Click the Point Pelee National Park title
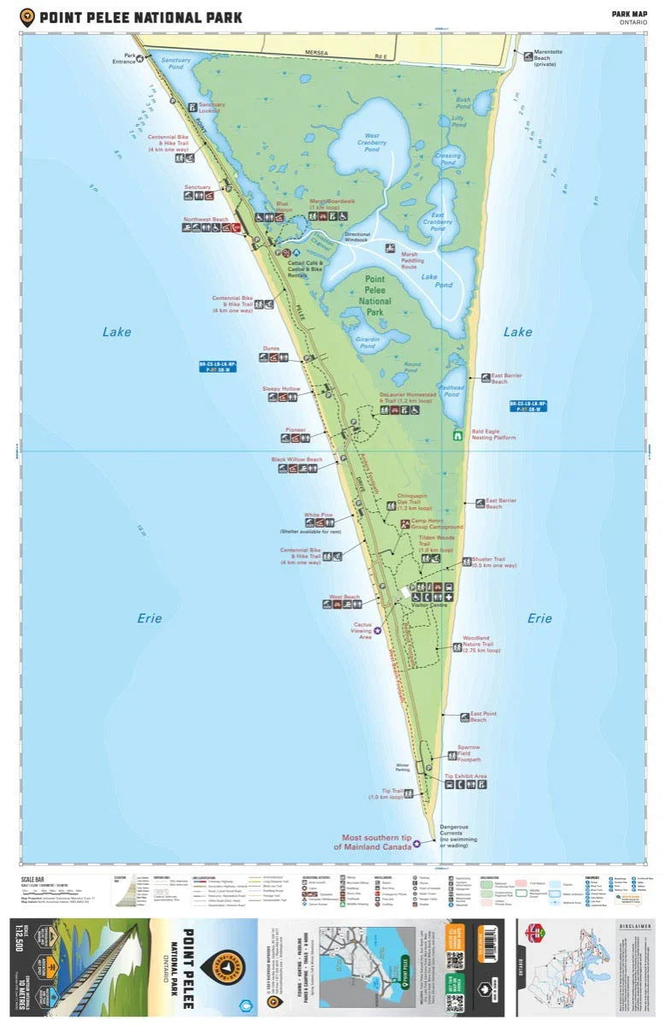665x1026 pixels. point(141,17)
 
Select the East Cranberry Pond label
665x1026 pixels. point(437,221)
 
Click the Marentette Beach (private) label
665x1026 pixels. point(548,59)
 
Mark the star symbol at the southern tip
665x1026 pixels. point(416,843)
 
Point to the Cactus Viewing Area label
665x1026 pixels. point(365,630)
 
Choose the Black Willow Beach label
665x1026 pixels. point(297,459)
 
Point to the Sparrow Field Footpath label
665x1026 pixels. point(468,752)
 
